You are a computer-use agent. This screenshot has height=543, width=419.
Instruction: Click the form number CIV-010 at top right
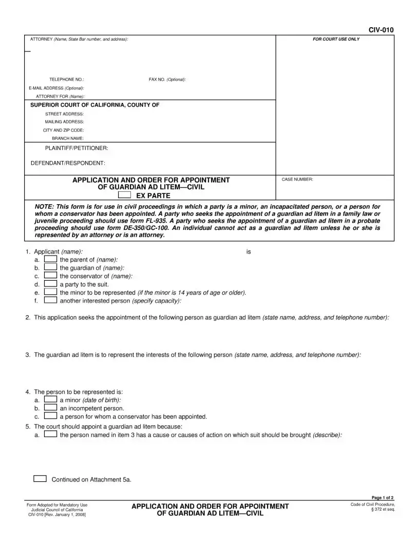(x=380, y=30)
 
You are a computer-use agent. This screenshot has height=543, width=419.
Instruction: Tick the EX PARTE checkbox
(x=124, y=195)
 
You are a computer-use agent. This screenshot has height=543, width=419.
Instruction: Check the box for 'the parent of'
(x=50, y=260)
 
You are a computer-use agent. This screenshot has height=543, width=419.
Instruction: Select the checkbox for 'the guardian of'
(x=50, y=267)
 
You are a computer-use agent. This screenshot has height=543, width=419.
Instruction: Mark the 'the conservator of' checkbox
(x=50, y=276)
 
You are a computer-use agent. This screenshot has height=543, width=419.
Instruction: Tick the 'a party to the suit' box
(x=50, y=283)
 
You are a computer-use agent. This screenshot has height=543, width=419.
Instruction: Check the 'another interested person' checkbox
(x=50, y=300)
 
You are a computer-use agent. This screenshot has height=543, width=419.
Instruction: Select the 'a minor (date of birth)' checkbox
(x=50, y=400)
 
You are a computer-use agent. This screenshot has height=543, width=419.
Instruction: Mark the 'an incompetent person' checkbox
(x=50, y=408)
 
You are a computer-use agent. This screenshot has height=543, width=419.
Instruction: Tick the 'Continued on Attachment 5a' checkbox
(x=40, y=479)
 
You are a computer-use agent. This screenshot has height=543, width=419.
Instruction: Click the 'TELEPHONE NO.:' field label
(x=66, y=80)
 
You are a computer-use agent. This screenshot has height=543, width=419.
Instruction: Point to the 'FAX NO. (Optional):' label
(x=167, y=80)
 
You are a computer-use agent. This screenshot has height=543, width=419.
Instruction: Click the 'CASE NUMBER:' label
(x=297, y=179)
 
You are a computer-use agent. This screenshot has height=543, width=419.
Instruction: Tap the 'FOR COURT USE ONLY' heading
(x=336, y=40)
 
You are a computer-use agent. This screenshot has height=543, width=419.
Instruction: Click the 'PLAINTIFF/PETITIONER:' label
(x=77, y=148)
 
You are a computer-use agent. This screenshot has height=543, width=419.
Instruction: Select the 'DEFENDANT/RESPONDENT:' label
(x=68, y=163)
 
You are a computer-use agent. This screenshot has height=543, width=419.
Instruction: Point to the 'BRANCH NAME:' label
(x=68, y=138)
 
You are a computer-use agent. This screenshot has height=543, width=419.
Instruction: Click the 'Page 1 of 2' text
(x=382, y=498)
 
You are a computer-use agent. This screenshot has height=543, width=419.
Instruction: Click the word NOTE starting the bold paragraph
(x=45, y=206)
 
